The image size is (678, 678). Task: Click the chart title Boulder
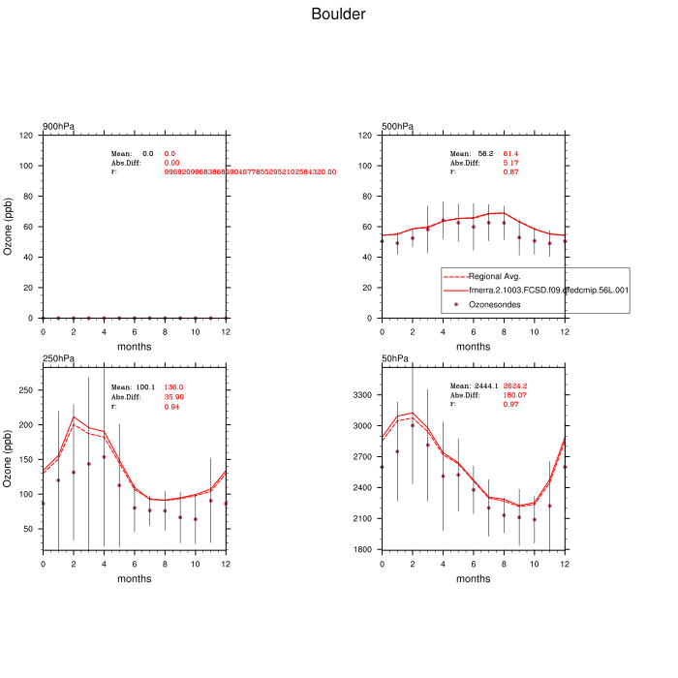[338, 15]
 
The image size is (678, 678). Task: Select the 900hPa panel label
[58, 127]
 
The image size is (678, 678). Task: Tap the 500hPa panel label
[398, 127]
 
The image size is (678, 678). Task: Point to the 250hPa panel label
[58, 359]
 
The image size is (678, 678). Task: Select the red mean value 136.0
[173, 387]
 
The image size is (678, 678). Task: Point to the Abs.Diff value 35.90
[174, 397]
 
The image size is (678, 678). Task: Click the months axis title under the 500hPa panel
[473, 346]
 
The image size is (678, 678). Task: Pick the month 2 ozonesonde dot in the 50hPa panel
[413, 425]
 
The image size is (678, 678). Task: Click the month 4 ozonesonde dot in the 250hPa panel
[104, 457]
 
